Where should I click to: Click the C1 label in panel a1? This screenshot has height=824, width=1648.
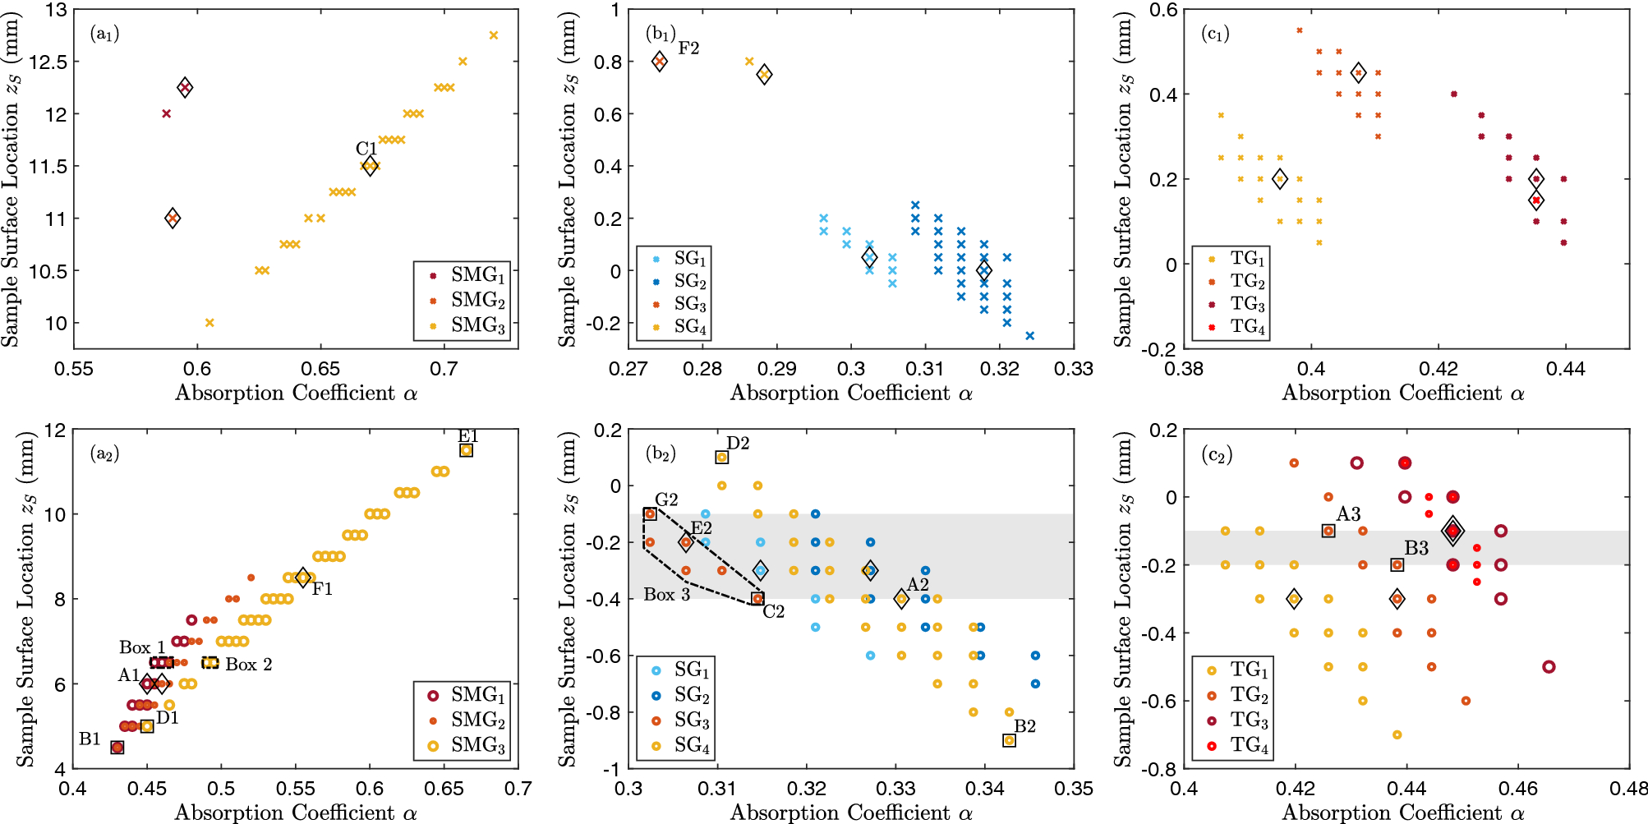click(x=366, y=149)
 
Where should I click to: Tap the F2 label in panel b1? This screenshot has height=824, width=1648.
click(x=688, y=48)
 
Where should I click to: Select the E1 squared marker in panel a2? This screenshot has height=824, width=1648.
click(x=466, y=450)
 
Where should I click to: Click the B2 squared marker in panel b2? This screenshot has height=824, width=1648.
click(x=1009, y=740)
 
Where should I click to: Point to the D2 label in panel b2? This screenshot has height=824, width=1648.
click(x=738, y=444)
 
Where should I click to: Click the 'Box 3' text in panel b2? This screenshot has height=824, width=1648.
click(x=666, y=594)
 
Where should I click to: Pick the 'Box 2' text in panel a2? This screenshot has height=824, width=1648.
click(x=248, y=664)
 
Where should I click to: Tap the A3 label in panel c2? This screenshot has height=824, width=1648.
click(x=1348, y=514)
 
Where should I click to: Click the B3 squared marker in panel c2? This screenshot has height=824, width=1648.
click(x=1397, y=564)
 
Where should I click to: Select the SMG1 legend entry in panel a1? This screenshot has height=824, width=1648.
click(x=476, y=274)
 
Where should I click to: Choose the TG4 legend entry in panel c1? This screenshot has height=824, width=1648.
click(x=1246, y=326)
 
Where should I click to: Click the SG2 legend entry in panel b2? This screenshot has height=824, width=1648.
click(x=691, y=695)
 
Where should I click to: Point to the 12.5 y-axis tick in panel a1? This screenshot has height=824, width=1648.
click(x=48, y=62)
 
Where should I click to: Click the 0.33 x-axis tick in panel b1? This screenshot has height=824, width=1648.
click(x=1073, y=369)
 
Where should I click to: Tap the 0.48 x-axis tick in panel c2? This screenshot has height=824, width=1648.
click(x=1628, y=789)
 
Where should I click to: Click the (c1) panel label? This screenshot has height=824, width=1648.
click(x=1215, y=34)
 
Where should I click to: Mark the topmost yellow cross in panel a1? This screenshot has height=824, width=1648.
click(x=494, y=35)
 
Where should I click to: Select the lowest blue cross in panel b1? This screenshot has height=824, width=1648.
click(x=1029, y=335)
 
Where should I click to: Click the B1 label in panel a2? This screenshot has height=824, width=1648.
click(x=90, y=739)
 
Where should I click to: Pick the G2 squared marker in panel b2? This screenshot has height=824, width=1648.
click(x=650, y=514)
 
